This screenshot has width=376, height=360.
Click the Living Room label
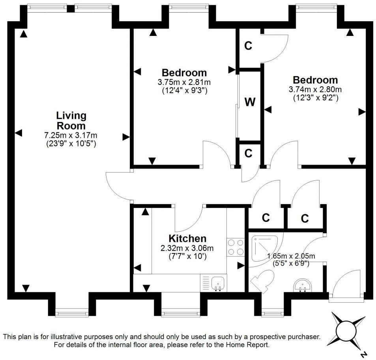71,121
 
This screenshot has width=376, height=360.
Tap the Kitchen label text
187,238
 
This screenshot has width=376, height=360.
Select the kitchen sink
218,283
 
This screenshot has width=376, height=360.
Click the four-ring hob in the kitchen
236,247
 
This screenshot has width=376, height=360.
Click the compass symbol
347,330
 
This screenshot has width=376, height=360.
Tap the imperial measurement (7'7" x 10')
187,256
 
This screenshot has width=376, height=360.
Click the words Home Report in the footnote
247,345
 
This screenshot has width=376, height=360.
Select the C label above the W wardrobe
248,46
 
